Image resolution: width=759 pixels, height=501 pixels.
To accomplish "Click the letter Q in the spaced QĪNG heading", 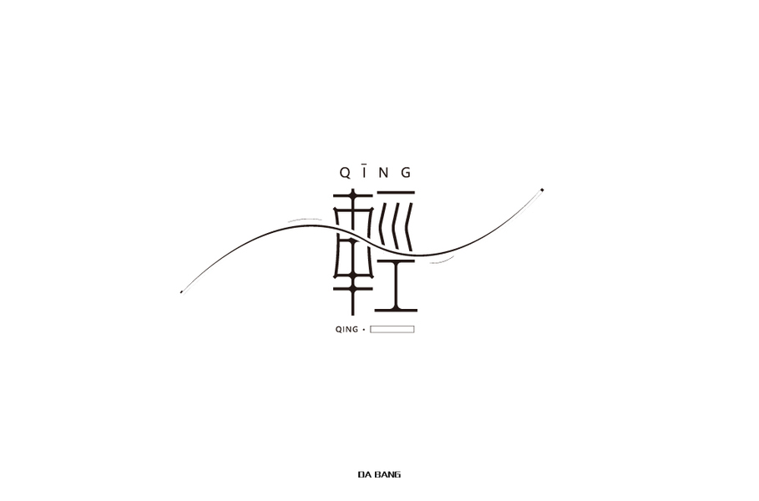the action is pos(345,173).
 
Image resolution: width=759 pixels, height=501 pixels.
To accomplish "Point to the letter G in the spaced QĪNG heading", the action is pos(406,173).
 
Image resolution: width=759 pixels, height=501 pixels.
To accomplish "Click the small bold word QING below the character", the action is pos(347,330).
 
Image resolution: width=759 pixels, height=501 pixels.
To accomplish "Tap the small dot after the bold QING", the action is pos(363,330).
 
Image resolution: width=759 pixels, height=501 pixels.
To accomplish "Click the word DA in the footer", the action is pos(365,475).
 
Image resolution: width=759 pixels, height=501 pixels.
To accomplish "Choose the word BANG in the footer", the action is pos(387,475).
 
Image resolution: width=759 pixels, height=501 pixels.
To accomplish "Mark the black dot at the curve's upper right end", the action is pos(542,190).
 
